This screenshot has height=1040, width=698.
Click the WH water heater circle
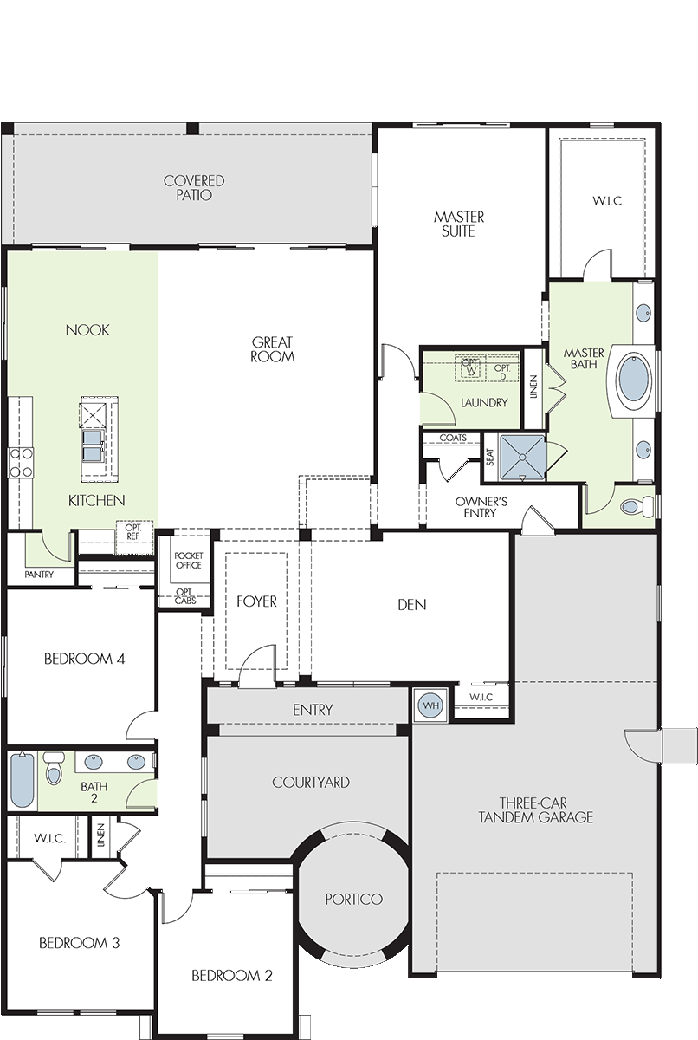pyautogui.click(x=430, y=705)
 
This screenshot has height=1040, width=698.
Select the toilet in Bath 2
pyautogui.click(x=54, y=768)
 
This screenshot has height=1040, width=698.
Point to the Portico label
pyautogui.click(x=353, y=900)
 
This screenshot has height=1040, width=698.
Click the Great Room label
pyautogui.click(x=272, y=349)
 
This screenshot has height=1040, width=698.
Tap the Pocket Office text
pyautogui.click(x=188, y=560)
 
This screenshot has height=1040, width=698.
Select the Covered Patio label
pyautogui.click(x=194, y=187)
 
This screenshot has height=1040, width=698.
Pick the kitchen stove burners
pyautogui.click(x=21, y=463)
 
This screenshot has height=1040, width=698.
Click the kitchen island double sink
pyautogui.click(x=93, y=445)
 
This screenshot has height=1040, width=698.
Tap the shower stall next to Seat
pyautogui.click(x=520, y=458)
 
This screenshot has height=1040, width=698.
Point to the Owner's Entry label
pyautogui.click(x=481, y=507)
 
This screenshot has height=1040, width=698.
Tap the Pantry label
pyautogui.click(x=39, y=575)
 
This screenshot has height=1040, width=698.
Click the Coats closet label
pyautogui.click(x=453, y=438)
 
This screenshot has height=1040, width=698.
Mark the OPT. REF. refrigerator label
pyautogui.click(x=133, y=531)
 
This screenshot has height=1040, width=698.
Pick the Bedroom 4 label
pyautogui.click(x=84, y=659)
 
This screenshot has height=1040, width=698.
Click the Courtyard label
pyautogui.click(x=311, y=783)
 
